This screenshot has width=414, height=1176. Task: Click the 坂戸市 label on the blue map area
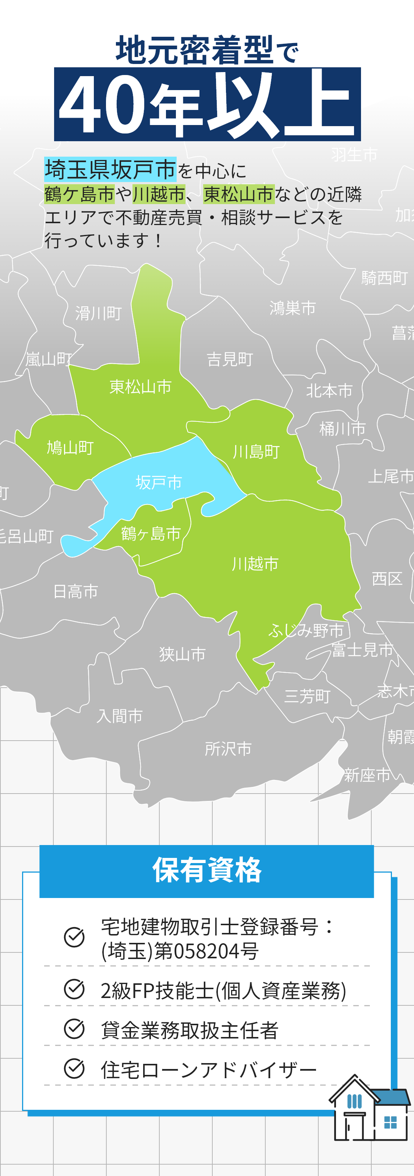pyautogui.click(x=159, y=482)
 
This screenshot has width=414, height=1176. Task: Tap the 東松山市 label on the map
pyautogui.click(x=140, y=387)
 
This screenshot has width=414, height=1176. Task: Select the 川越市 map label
pyautogui.click(x=255, y=564)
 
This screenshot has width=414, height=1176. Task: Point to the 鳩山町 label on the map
pyautogui.click(x=70, y=448)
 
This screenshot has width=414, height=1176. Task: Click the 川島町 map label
pyautogui.click(x=256, y=452)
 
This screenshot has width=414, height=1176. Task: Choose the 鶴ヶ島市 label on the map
pyautogui.click(x=151, y=533)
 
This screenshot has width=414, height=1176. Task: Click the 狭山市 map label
pyautogui.click(x=182, y=654)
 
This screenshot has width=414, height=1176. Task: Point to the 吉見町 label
pyautogui.click(x=230, y=359)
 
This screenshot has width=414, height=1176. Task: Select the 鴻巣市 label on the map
pyautogui.click(x=293, y=308)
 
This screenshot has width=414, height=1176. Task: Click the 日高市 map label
pyautogui.click(x=76, y=592)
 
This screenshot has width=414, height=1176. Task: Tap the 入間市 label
pyautogui.click(x=120, y=716)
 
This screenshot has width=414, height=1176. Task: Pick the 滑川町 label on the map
pyautogui.click(x=99, y=313)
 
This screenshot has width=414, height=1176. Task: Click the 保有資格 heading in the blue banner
pyautogui.click(x=207, y=870)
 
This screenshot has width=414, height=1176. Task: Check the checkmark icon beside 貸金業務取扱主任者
pyautogui.click(x=74, y=1029)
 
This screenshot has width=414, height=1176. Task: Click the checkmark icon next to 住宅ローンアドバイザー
pyautogui.click(x=74, y=1069)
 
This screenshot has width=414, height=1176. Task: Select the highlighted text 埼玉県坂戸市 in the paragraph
pyautogui.click(x=110, y=170)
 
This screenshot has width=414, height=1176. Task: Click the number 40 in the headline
pyautogui.click(x=102, y=105)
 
